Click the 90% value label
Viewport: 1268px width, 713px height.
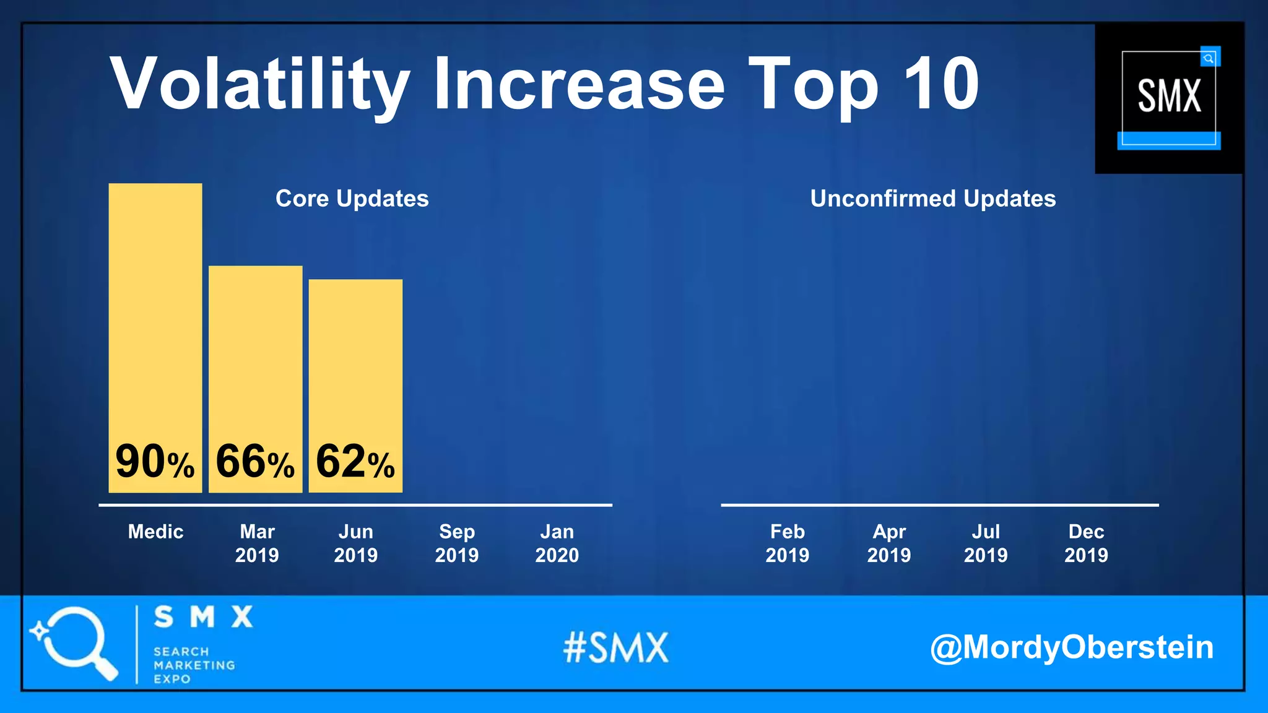click(x=155, y=462)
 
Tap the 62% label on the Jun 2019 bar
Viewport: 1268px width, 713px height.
click(x=355, y=462)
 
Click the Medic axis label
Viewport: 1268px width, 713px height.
click(x=155, y=532)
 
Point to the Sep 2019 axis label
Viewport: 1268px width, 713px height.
click(x=457, y=543)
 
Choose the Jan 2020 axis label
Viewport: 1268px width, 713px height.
click(x=557, y=543)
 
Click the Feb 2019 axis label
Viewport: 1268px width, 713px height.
click(x=787, y=543)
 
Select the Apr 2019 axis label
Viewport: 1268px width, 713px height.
click(x=888, y=543)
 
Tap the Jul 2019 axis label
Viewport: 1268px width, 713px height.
click(x=986, y=543)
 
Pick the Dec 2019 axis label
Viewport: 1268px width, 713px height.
click(x=1086, y=543)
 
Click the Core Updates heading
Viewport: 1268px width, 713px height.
click(x=352, y=199)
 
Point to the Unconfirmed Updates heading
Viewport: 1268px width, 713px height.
click(x=932, y=199)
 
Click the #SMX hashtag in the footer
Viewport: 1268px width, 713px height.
click(x=616, y=648)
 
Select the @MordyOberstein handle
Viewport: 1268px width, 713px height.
click(x=1071, y=647)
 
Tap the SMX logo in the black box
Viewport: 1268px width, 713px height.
click(x=1169, y=97)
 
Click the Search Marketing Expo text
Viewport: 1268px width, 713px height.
click(x=193, y=665)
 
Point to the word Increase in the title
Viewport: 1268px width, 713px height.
click(x=578, y=84)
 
